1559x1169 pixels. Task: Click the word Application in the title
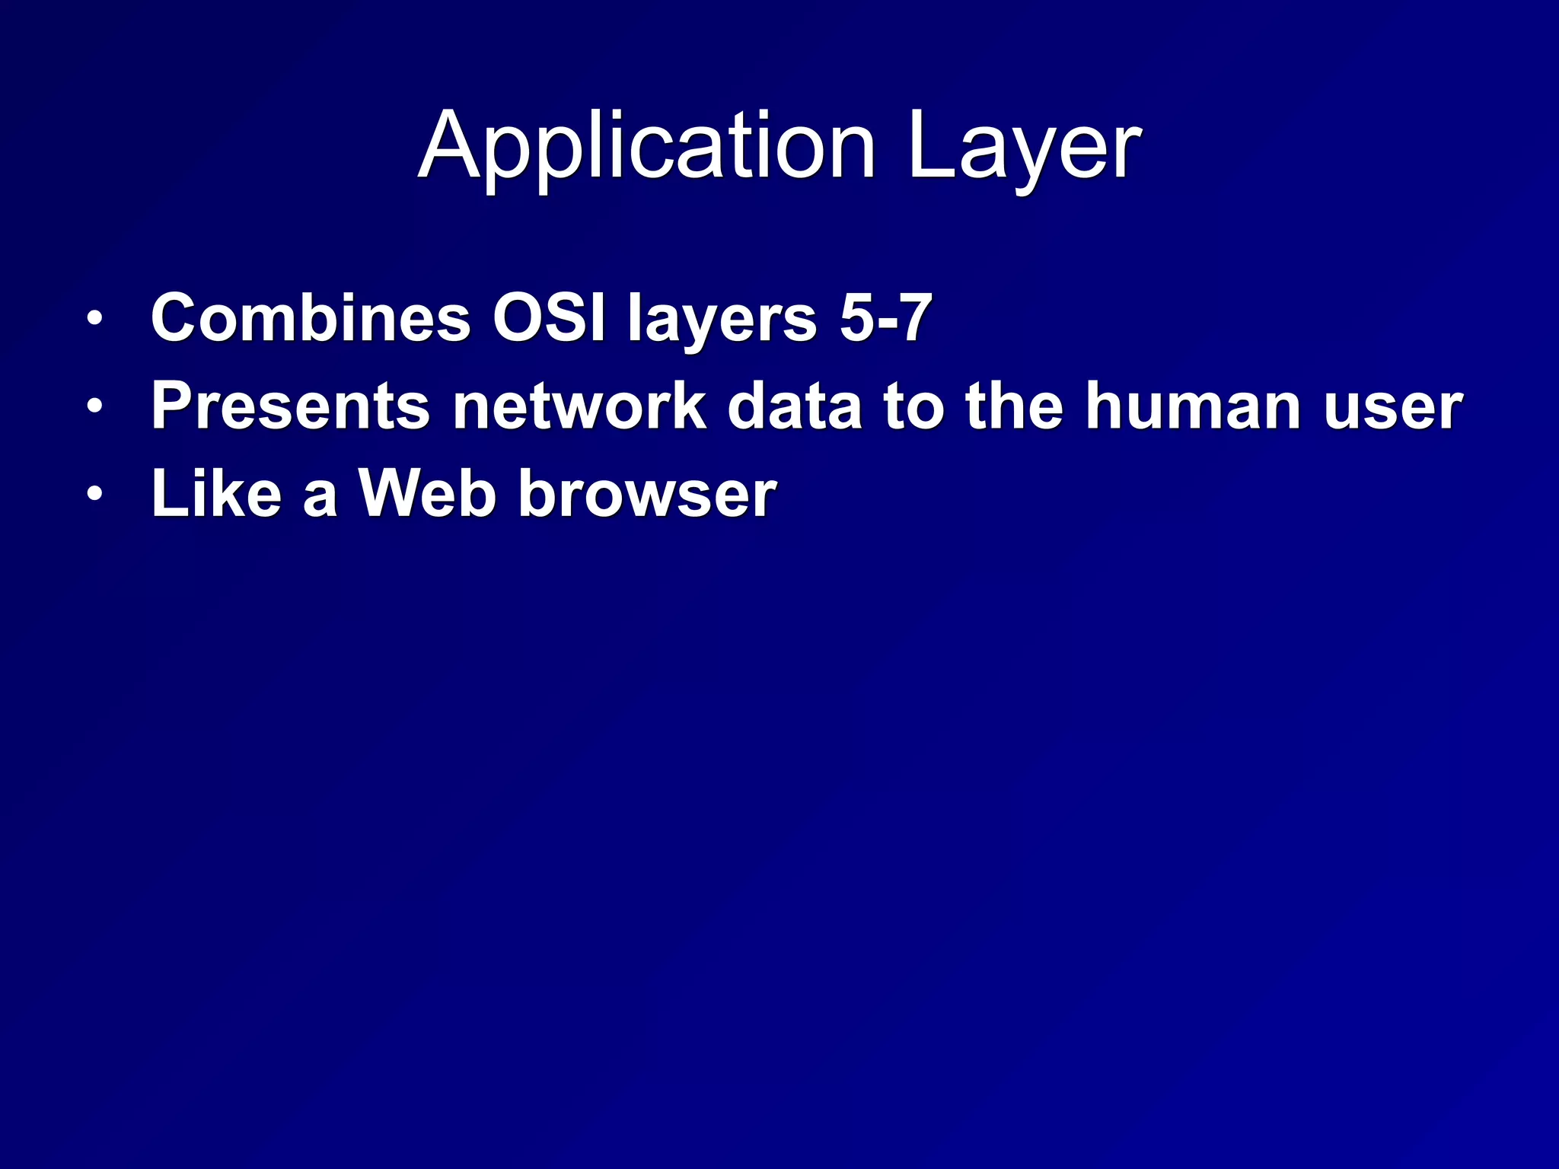(646, 146)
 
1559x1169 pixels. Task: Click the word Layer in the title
(1024, 146)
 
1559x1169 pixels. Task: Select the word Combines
(311, 317)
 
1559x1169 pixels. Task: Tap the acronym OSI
(549, 317)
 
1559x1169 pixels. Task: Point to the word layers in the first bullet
(722, 320)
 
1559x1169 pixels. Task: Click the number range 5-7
(885, 317)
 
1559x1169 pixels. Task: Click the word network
(579, 406)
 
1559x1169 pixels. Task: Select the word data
(795, 406)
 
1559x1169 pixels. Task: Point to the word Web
(428, 494)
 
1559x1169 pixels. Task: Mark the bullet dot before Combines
(94, 319)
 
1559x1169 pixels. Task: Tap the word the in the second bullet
(1014, 406)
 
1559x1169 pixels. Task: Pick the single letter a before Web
(320, 498)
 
